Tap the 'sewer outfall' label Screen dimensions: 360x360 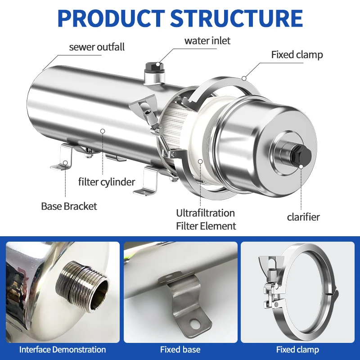click(x=97, y=47)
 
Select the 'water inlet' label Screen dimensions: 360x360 click(x=207, y=40)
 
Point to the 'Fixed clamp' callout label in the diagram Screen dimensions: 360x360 click(x=297, y=55)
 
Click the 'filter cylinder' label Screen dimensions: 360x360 click(x=107, y=182)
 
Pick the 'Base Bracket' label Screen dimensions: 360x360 click(x=69, y=206)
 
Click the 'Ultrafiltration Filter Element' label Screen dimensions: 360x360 click(x=206, y=219)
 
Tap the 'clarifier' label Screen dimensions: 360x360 click(x=303, y=217)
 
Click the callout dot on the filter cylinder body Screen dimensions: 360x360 click(x=103, y=131)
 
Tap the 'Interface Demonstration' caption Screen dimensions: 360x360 click(x=63, y=350)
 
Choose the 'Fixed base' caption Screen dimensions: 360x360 click(x=180, y=350)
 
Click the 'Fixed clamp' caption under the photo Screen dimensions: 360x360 click(x=297, y=350)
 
